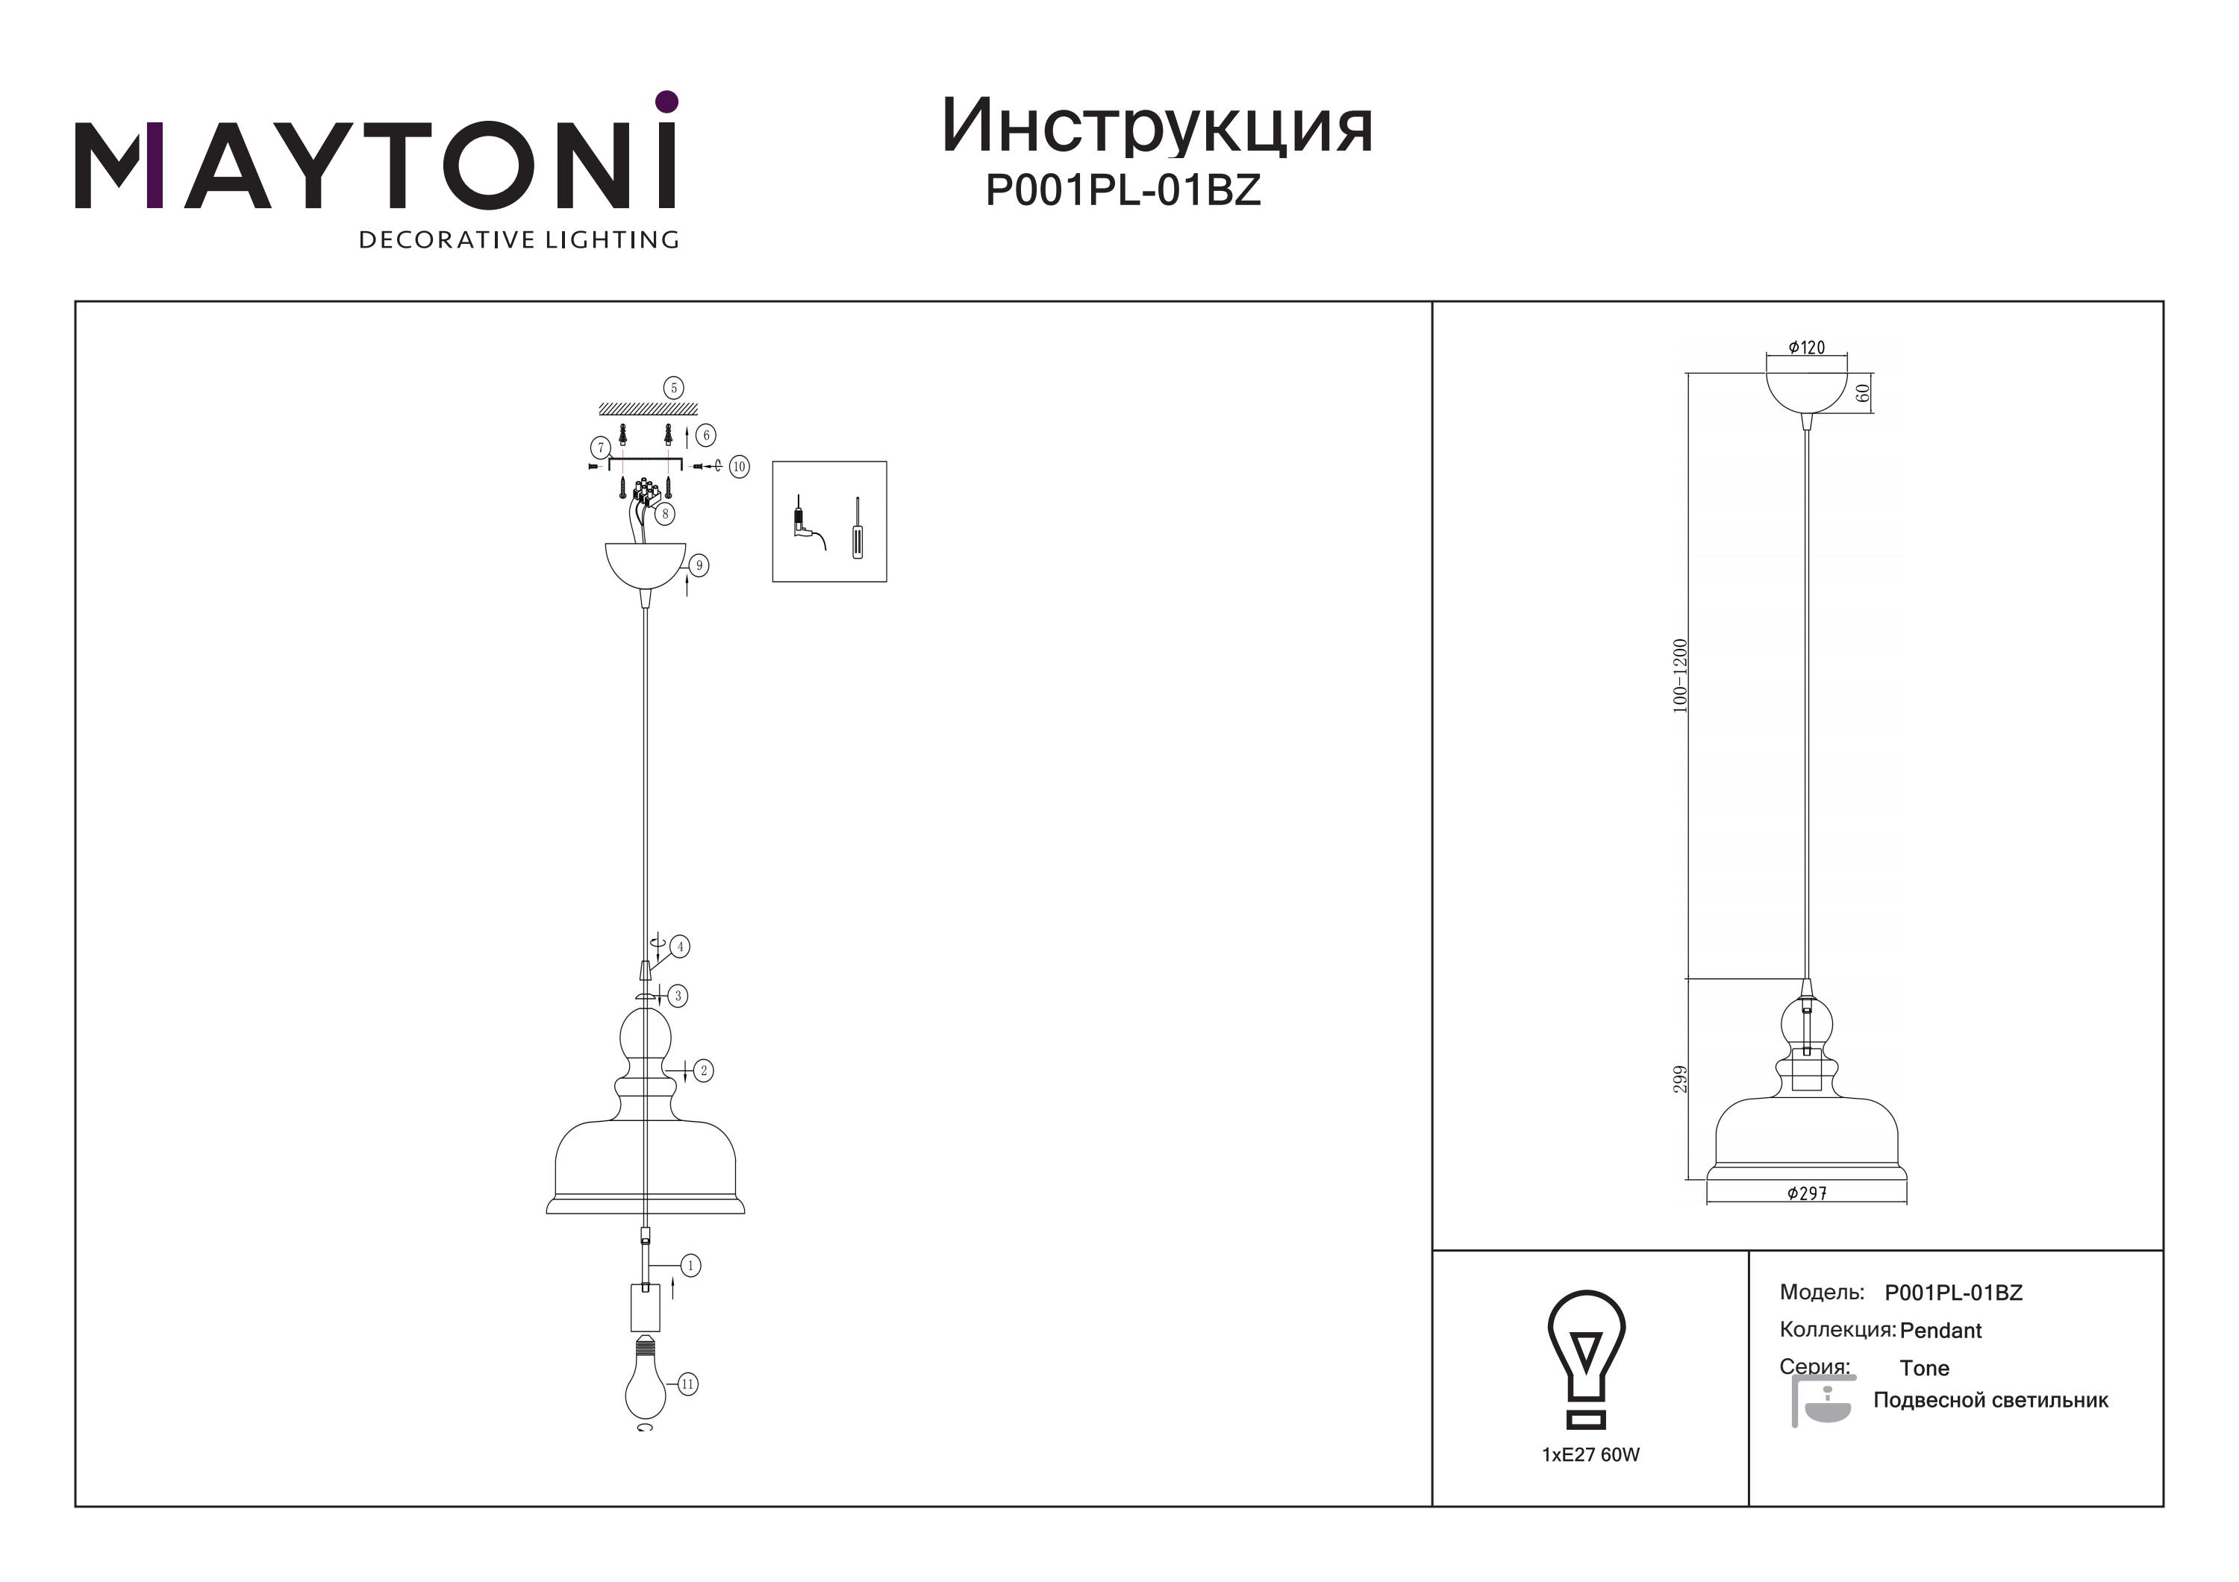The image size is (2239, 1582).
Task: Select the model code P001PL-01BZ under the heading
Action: tap(1123, 190)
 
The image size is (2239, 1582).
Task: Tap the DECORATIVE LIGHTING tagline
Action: tap(519, 239)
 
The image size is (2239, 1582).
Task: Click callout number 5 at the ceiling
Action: tap(673, 388)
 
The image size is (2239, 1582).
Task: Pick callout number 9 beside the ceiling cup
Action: tap(699, 565)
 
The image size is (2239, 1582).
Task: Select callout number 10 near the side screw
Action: tap(738, 467)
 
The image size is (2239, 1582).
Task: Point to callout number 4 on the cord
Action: tap(680, 947)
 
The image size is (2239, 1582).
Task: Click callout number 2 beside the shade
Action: tap(704, 1070)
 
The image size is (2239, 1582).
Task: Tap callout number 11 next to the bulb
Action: tap(687, 1383)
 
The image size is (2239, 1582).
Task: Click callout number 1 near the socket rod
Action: tap(690, 1265)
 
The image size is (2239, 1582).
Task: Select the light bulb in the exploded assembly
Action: tap(643, 1382)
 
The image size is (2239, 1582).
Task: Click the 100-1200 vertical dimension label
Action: tap(1679, 677)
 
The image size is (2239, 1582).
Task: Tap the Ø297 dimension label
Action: tap(1807, 1193)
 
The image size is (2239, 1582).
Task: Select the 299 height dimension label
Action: tap(1680, 1079)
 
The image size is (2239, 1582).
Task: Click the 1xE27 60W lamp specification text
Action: tap(1590, 1454)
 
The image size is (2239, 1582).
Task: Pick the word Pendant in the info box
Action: tap(1940, 1331)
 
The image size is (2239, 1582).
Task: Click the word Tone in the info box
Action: tap(1924, 1369)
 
